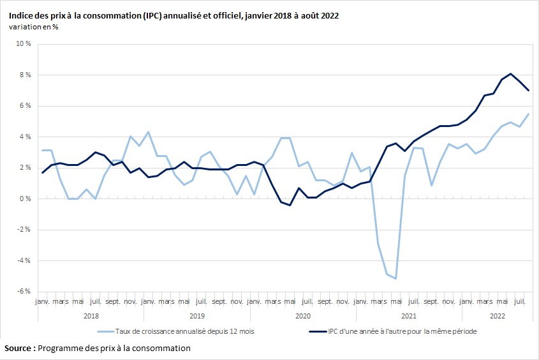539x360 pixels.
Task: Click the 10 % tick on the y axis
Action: pos(23,44)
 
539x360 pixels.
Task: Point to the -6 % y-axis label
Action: pos(23,291)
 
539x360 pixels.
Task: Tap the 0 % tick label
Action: pos(25,199)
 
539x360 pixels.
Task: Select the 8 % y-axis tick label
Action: pos(25,75)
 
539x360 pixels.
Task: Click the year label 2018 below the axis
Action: pos(91,316)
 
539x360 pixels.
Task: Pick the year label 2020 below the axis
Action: pos(302,316)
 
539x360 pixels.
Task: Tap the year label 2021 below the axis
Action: pos(408,316)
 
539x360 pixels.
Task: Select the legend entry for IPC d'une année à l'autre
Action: pos(392,331)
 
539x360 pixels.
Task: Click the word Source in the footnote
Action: pos(19,349)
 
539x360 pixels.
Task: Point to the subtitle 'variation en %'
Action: pos(34,26)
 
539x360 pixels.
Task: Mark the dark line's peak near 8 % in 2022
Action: pos(511,73)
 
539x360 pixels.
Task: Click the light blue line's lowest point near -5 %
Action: pos(396,278)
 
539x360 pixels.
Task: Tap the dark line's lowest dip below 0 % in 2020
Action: pos(290,205)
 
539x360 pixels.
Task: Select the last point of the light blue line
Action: pos(529,114)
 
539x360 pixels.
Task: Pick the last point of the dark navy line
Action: pos(529,90)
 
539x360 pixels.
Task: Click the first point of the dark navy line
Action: pos(42,172)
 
